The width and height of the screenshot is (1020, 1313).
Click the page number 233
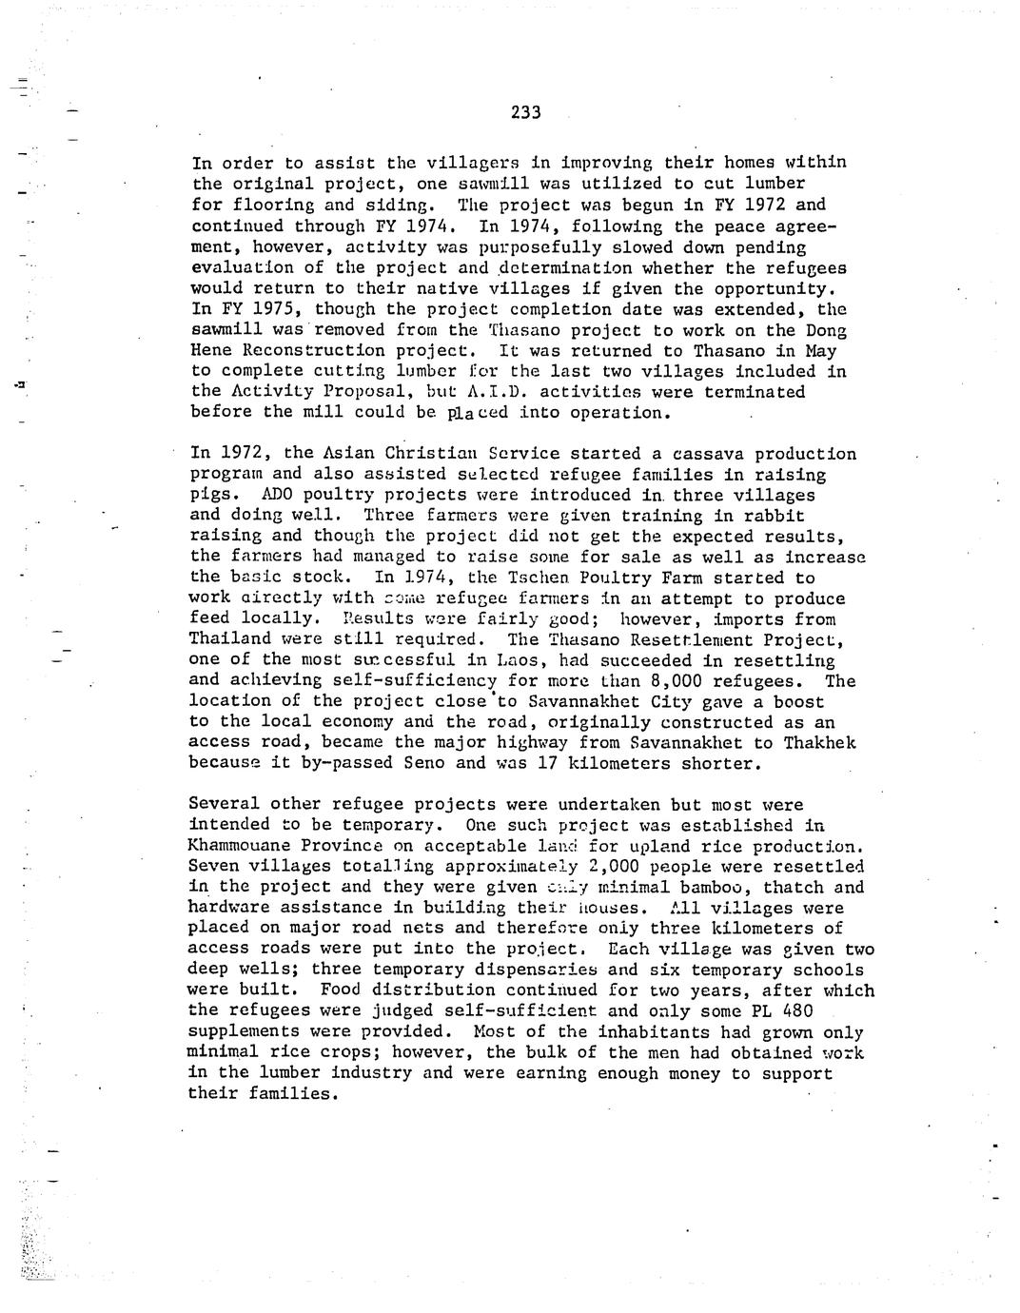click(525, 113)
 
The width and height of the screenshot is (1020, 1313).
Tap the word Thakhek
click(822, 742)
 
